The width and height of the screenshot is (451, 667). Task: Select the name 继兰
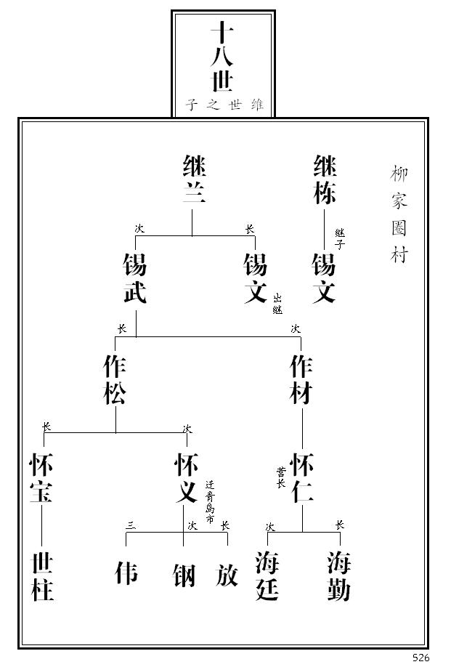click(194, 180)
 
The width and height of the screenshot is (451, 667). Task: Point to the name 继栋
click(325, 180)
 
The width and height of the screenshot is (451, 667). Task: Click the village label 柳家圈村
click(399, 215)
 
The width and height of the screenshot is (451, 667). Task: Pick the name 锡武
click(134, 279)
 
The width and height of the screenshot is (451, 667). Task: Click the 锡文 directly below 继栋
click(324, 279)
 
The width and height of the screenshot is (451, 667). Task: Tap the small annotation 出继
click(277, 304)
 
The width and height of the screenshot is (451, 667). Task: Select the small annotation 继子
click(339, 238)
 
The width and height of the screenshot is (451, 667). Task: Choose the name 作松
click(115, 380)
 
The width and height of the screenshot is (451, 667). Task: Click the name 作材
click(301, 380)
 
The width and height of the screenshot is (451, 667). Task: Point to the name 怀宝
click(41, 479)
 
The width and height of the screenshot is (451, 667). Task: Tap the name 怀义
click(187, 479)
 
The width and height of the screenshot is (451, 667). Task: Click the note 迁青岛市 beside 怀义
click(210, 502)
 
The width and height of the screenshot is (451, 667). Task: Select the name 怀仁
click(301, 479)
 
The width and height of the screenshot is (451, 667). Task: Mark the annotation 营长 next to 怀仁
click(280, 477)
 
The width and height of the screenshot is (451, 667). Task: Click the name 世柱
click(43, 576)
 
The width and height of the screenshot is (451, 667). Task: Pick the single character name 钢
click(184, 575)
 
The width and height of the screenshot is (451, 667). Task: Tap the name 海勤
click(338, 576)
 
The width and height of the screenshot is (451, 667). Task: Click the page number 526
click(421, 658)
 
